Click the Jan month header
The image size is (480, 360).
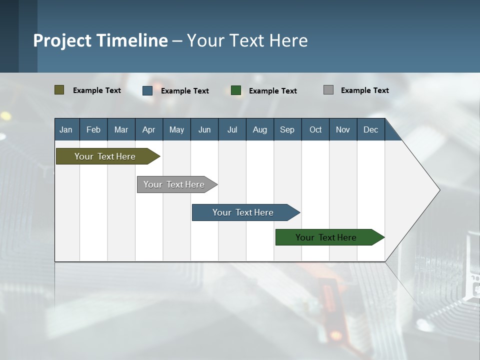66,129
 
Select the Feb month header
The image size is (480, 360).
93,129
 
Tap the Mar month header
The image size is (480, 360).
121,129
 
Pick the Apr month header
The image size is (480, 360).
149,129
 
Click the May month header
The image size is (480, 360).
176,129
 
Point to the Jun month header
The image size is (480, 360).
204,129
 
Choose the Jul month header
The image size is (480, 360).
232,129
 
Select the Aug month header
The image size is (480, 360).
260,129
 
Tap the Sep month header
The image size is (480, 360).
287,129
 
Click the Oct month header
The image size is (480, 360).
315,129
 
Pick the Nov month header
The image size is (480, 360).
343,129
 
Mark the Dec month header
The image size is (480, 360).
371,129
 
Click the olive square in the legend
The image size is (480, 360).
59,90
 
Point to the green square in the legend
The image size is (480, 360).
236,90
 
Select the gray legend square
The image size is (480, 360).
328,90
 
